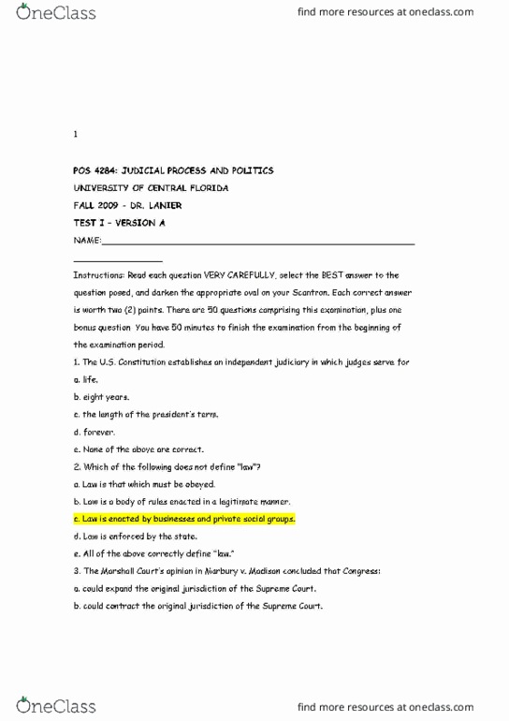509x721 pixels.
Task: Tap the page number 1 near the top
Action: click(75, 135)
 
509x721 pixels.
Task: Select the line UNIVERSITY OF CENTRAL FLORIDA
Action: click(151, 188)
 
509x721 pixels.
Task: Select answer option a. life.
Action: click(85, 380)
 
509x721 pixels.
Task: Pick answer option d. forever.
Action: click(94, 433)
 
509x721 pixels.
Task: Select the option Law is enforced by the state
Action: click(137, 537)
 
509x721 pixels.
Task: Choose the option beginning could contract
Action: click(197, 606)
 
